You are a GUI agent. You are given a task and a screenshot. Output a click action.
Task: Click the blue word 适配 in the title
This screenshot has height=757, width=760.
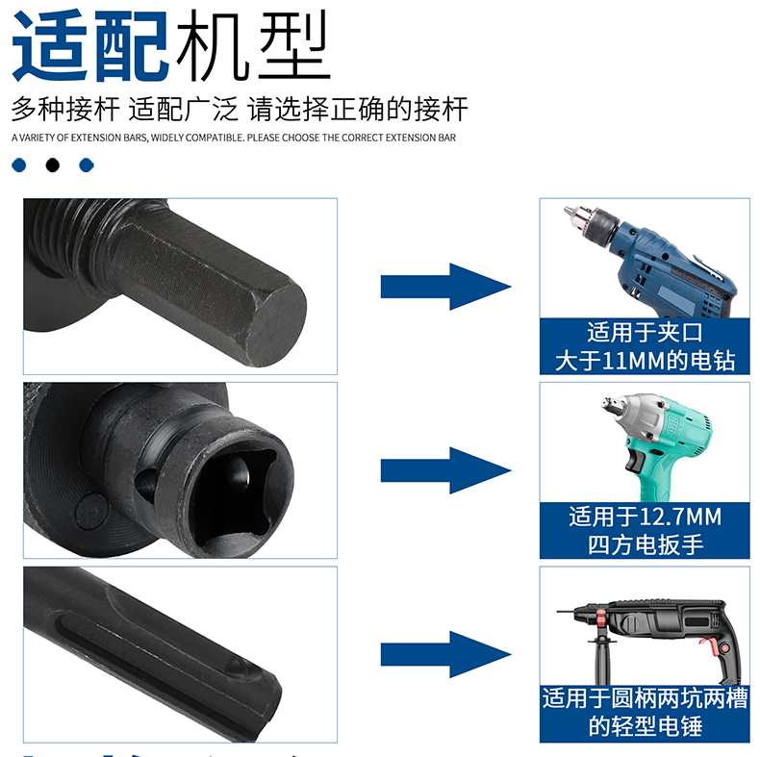click(x=90, y=45)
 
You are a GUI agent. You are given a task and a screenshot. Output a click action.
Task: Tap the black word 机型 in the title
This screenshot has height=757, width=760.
click(x=252, y=45)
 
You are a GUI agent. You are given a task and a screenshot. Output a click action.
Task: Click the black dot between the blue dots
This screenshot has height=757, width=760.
click(x=52, y=165)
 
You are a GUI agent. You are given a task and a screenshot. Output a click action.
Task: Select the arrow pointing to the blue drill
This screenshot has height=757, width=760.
click(x=446, y=287)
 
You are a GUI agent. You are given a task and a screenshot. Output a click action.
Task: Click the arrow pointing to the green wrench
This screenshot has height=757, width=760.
click(x=446, y=470)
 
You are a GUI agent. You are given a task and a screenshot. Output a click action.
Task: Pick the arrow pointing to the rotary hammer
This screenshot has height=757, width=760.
click(x=446, y=654)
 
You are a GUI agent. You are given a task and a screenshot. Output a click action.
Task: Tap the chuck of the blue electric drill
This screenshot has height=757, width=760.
click(x=592, y=224)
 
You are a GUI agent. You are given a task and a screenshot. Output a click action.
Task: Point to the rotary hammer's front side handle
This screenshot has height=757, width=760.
click(x=601, y=659)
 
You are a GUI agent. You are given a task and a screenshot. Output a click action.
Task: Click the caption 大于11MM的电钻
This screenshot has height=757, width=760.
click(x=645, y=361)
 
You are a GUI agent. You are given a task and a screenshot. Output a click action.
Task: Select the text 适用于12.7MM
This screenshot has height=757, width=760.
click(x=645, y=517)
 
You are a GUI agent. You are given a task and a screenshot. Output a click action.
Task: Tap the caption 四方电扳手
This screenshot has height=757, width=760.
click(x=645, y=544)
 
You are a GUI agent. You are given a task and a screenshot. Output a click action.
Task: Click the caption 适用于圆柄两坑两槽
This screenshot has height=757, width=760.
click(x=645, y=698)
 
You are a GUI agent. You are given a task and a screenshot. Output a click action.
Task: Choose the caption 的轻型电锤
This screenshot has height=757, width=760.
click(x=645, y=726)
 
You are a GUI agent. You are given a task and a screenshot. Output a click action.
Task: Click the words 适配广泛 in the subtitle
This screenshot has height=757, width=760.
click(x=183, y=109)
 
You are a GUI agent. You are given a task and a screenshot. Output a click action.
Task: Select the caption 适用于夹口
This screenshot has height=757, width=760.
click(x=645, y=333)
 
